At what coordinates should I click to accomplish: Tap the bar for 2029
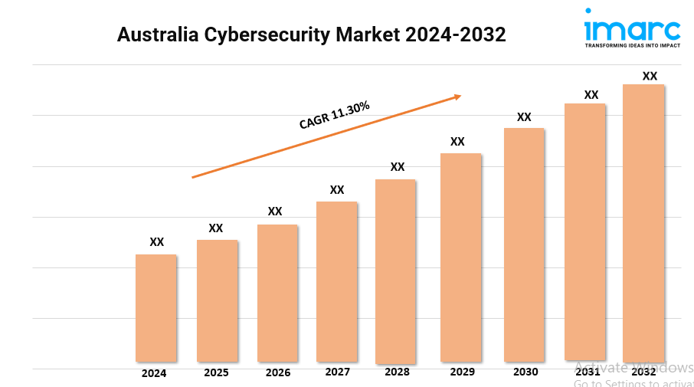[x=460, y=257]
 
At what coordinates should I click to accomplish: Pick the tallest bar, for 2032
[x=643, y=222]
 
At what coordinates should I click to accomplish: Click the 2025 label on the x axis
[x=216, y=373]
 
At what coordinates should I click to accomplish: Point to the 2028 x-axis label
[x=397, y=372]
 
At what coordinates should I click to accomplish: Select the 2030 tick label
[x=525, y=372]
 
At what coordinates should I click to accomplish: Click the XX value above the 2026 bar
[x=275, y=212]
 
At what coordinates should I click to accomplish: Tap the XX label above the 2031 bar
[x=591, y=95]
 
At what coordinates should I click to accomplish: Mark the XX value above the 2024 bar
[x=157, y=242]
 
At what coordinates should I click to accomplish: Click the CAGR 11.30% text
[x=335, y=115]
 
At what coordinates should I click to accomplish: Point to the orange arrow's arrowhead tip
[x=460, y=96]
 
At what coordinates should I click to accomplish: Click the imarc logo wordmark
[x=632, y=31]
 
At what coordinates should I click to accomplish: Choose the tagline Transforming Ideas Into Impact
[x=632, y=46]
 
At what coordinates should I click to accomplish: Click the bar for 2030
[x=524, y=244]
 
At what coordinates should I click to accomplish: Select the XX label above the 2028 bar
[x=398, y=167]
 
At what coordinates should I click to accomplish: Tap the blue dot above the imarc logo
[x=588, y=11]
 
